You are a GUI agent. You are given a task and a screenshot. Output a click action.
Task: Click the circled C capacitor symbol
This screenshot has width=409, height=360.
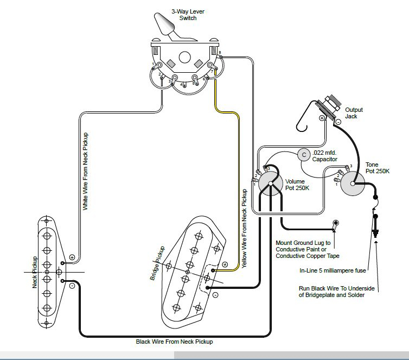[304, 155]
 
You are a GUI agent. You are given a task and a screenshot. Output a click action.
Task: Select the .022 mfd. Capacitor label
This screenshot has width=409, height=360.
[325, 156]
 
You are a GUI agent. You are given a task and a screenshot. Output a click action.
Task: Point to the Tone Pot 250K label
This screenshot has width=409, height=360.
[378, 168]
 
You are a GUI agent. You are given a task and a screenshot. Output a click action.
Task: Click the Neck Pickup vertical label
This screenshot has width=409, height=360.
[35, 272]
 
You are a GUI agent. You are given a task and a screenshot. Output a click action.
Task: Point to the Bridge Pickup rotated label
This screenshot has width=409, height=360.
[157, 264]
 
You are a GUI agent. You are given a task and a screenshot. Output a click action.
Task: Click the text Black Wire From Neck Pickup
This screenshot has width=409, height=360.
[174, 342]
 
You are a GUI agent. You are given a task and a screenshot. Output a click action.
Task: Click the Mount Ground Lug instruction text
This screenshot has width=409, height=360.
[303, 249]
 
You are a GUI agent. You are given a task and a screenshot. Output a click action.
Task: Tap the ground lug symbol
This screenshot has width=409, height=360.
[336, 223]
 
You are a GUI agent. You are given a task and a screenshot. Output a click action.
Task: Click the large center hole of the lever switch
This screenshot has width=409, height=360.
[186, 56]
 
